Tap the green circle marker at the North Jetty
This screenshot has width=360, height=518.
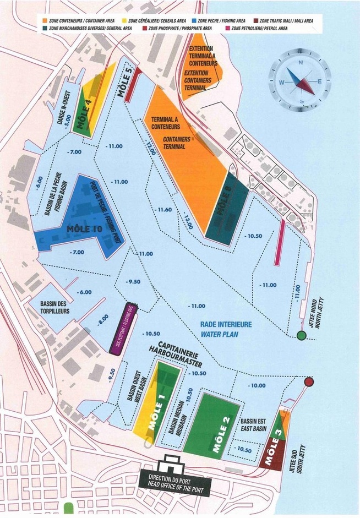pos(301,335)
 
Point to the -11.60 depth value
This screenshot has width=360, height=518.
pos(165,210)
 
